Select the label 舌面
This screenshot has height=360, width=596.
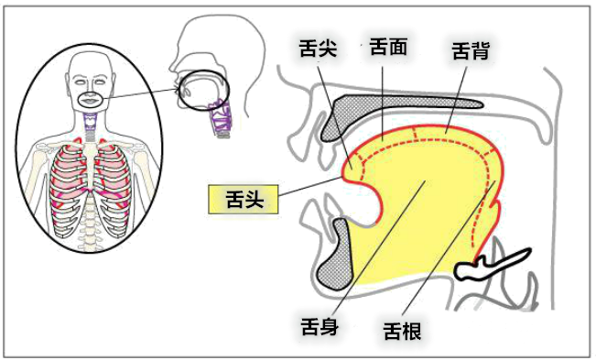click(388, 44)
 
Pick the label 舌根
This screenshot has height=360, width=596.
click(402, 328)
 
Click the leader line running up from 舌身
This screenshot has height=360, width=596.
click(375, 247)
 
